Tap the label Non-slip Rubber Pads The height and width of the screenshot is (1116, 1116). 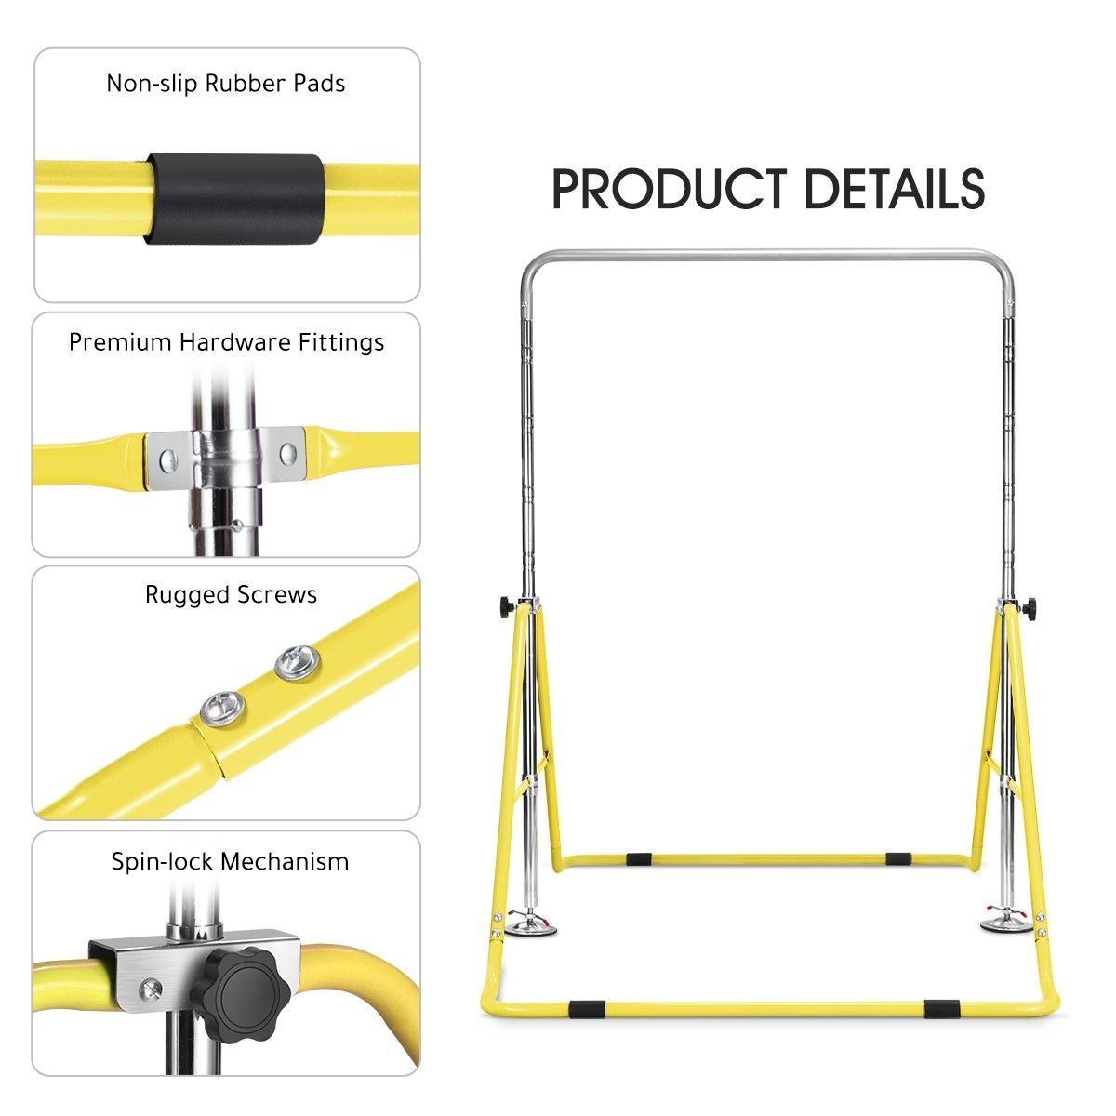(226, 84)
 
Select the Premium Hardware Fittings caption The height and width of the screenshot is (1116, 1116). (226, 342)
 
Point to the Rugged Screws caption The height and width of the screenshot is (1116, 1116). (231, 595)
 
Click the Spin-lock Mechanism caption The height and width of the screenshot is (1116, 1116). (230, 862)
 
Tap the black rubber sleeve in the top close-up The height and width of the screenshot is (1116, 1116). (234, 199)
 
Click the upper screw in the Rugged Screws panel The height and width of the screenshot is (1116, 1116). (298, 663)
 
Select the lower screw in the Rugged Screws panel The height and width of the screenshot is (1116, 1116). (222, 708)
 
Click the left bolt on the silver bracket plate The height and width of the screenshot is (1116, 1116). (167, 460)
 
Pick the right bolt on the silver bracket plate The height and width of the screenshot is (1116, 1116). (288, 453)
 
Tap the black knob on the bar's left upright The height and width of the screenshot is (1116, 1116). (508, 607)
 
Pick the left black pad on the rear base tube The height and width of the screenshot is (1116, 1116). (639, 859)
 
